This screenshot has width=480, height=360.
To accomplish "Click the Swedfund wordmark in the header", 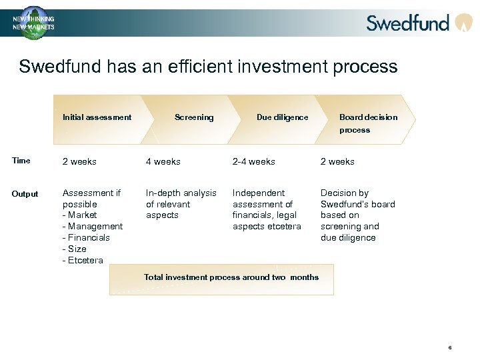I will click(x=407, y=23).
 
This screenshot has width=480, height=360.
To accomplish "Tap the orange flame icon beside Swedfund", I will click(x=463, y=23).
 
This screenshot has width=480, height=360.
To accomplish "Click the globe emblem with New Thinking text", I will click(x=33, y=23).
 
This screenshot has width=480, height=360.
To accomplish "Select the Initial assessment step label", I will click(x=97, y=117).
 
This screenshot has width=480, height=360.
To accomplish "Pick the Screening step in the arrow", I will click(x=194, y=117).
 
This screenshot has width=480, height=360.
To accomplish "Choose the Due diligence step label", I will click(x=282, y=117).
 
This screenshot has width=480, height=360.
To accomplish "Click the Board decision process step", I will click(x=367, y=123).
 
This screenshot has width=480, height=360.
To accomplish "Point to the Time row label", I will click(x=21, y=161).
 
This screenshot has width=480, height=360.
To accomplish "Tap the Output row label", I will click(x=25, y=194).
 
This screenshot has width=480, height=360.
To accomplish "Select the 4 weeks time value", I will click(x=163, y=162).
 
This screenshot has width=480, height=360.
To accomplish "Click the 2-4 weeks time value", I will click(x=253, y=162).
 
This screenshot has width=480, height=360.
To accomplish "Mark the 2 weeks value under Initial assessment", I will click(x=79, y=162).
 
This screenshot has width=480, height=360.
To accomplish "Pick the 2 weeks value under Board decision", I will click(x=337, y=162).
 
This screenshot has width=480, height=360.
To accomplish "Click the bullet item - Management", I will click(x=93, y=227).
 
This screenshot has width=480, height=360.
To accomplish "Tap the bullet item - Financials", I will click(x=86, y=238).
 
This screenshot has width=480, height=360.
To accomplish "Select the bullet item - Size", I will click(x=75, y=249).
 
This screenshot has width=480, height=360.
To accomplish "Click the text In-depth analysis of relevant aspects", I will click(x=181, y=204).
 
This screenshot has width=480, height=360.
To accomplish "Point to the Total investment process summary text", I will click(x=231, y=277).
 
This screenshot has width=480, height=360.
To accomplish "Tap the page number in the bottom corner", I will click(x=450, y=347).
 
